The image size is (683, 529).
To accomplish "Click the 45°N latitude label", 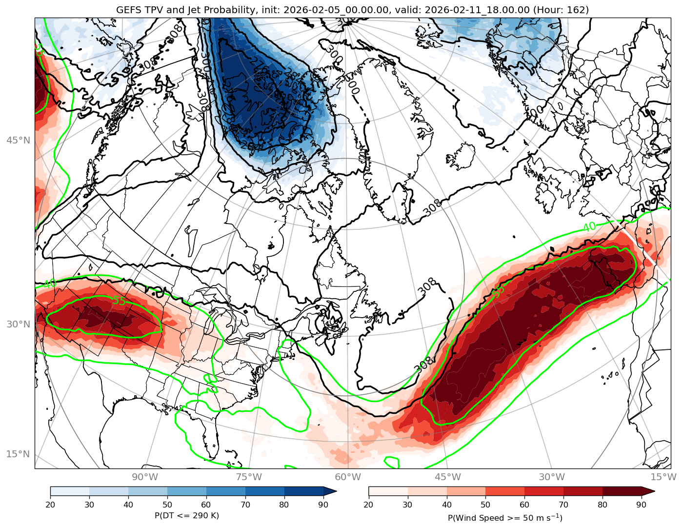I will [x=18, y=141].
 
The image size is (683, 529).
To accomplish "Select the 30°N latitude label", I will [x=18, y=324].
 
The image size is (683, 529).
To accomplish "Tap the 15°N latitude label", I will [x=18, y=454].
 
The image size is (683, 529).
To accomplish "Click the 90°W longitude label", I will [x=145, y=477].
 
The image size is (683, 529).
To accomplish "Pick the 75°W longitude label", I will [x=248, y=477].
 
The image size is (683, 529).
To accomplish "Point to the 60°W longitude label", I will [x=348, y=477].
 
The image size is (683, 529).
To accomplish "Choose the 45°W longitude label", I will [x=448, y=477].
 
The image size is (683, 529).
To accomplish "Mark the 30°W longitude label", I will [x=552, y=477].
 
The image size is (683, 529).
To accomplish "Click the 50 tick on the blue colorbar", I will [x=167, y=504].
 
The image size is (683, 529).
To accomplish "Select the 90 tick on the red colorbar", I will [x=642, y=504].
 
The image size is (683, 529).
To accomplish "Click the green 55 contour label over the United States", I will [x=119, y=301].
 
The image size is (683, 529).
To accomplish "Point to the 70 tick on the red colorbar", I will [x=563, y=504].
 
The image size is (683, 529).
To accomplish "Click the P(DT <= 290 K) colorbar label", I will [x=187, y=515].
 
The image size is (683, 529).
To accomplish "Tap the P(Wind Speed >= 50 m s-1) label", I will [x=505, y=517].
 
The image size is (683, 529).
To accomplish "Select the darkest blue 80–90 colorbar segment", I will [x=304, y=491].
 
